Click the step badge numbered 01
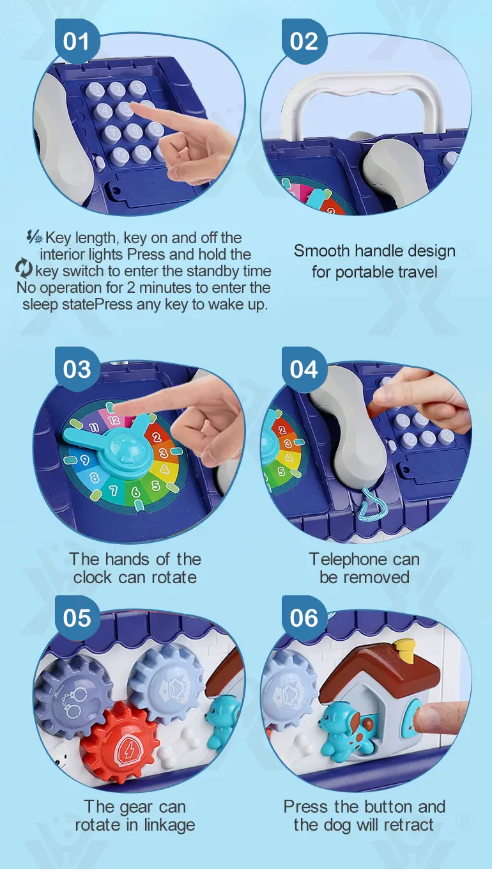[77, 42]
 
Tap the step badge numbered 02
[304, 42]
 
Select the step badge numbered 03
[77, 369]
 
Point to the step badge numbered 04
[304, 369]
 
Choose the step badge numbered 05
[77, 618]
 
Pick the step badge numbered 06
[304, 618]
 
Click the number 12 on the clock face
[114, 420]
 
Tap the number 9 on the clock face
[84, 460]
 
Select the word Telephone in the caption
[346, 560]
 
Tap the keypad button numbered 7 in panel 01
[113, 132]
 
